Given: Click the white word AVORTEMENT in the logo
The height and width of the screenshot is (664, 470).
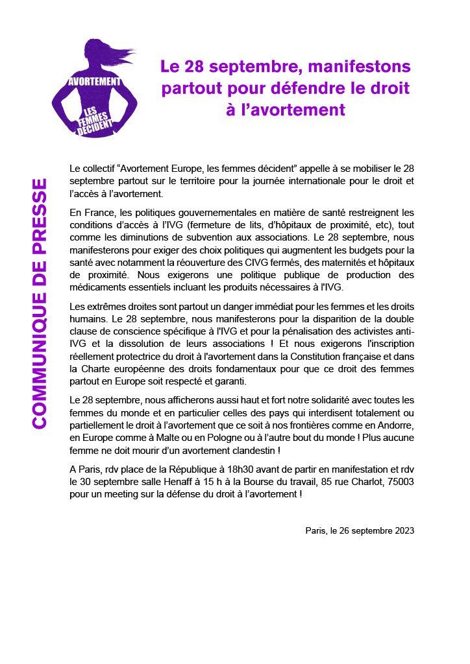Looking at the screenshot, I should click(x=95, y=82).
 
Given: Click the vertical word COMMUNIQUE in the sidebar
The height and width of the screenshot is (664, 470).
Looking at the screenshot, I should click(x=40, y=351).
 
